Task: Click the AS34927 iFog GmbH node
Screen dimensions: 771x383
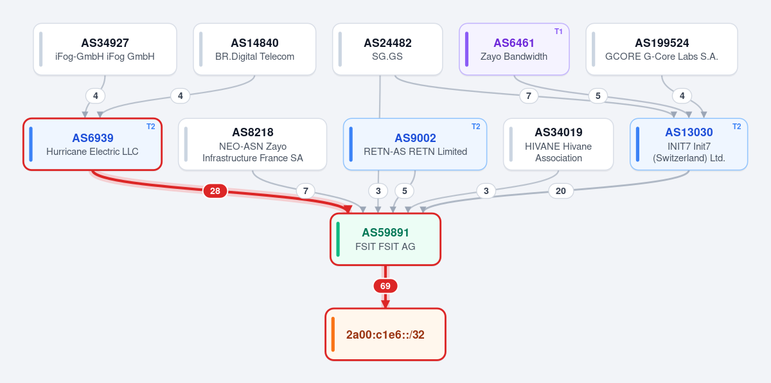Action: pos(105,49)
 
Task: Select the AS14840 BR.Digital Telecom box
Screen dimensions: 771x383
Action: pos(254,49)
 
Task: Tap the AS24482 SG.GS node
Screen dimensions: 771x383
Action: pos(387,49)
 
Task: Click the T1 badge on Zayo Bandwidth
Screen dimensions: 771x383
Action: pos(558,31)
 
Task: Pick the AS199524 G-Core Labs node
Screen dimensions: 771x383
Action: pos(662,49)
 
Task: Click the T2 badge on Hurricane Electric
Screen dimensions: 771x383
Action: pos(151,127)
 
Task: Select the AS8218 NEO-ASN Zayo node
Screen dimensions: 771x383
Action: pos(253,144)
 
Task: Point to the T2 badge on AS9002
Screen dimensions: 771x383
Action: pos(475,127)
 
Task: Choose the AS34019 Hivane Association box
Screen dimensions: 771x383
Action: pos(558,144)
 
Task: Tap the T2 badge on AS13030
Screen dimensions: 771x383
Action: pos(736,127)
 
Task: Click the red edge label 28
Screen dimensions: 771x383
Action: pos(215,191)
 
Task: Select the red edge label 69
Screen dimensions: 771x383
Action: pos(385,286)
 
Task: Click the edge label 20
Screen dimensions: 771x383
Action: pos(561,191)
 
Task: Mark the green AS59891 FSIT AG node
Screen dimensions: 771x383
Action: pos(385,240)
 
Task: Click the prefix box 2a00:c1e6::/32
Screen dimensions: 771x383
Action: pos(385,334)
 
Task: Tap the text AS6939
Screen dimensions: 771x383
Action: pos(93,138)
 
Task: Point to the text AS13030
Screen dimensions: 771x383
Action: pos(689,132)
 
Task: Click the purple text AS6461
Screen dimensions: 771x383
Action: pos(514,43)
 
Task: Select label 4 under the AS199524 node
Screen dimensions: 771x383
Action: pos(682,96)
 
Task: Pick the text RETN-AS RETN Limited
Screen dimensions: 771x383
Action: pos(416,152)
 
